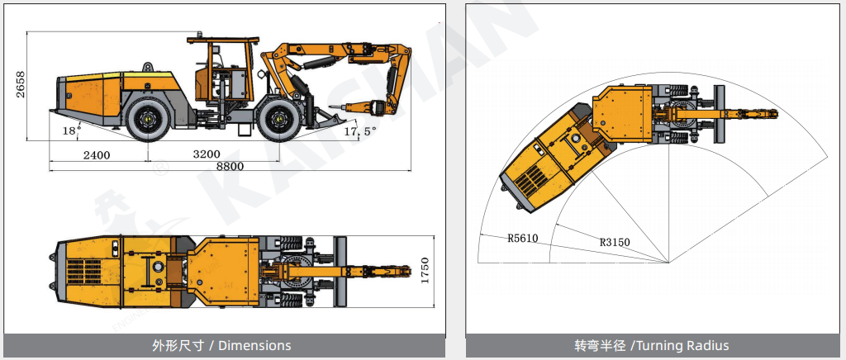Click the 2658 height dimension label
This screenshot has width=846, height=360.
click(x=21, y=84)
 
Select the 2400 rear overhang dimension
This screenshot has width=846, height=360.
click(x=97, y=156)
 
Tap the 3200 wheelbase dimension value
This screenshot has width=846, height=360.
click(x=206, y=155)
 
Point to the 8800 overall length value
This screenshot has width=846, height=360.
click(x=230, y=167)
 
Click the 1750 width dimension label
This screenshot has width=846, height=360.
click(x=425, y=271)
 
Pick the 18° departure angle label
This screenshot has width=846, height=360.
click(x=69, y=130)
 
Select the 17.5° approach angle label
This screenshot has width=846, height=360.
click(x=359, y=131)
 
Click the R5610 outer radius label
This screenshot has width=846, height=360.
click(x=522, y=238)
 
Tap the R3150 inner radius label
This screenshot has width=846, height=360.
click(x=615, y=243)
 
